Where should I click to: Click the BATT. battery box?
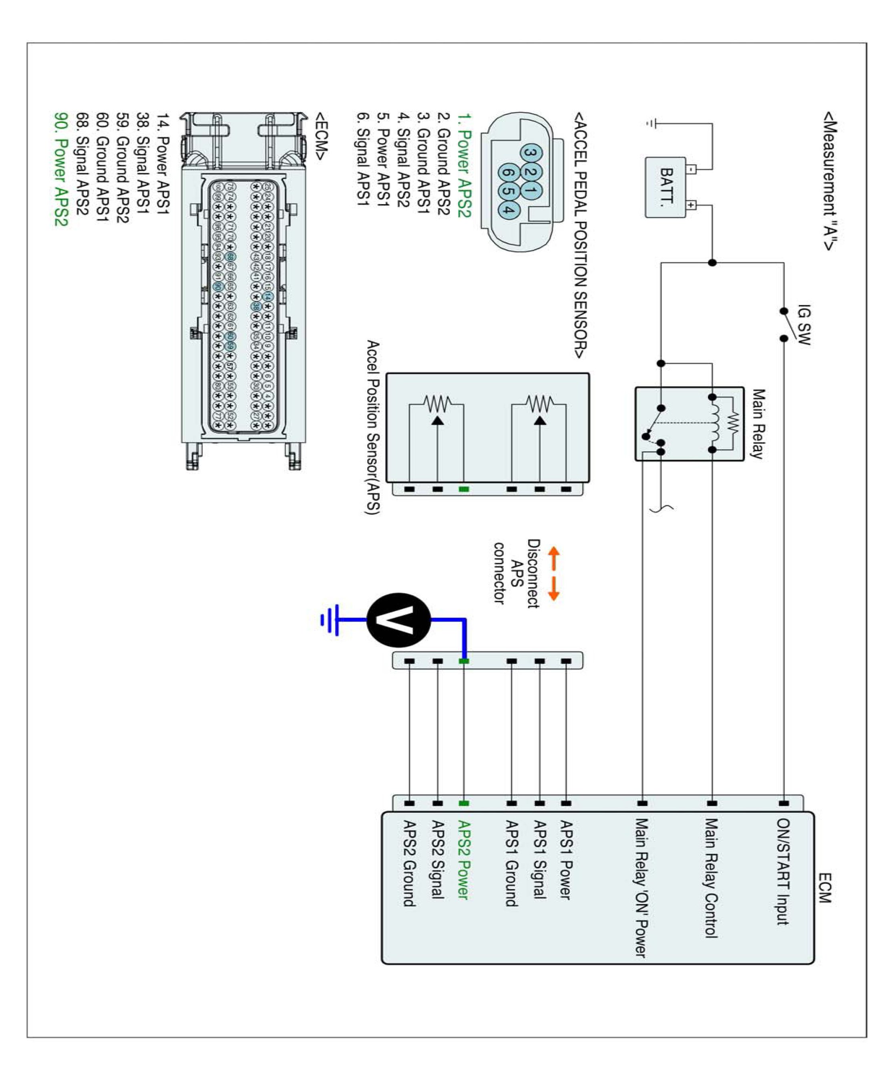[666, 187]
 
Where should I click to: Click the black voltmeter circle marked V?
[399, 620]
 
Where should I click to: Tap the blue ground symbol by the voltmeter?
[331, 620]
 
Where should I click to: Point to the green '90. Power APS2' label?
[61, 169]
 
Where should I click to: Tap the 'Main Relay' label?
[758, 423]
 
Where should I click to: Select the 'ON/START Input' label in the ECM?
[783, 871]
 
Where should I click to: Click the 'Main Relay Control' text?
[711, 878]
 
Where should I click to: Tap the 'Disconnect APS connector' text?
[516, 573]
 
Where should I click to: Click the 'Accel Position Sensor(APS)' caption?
[372, 427]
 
